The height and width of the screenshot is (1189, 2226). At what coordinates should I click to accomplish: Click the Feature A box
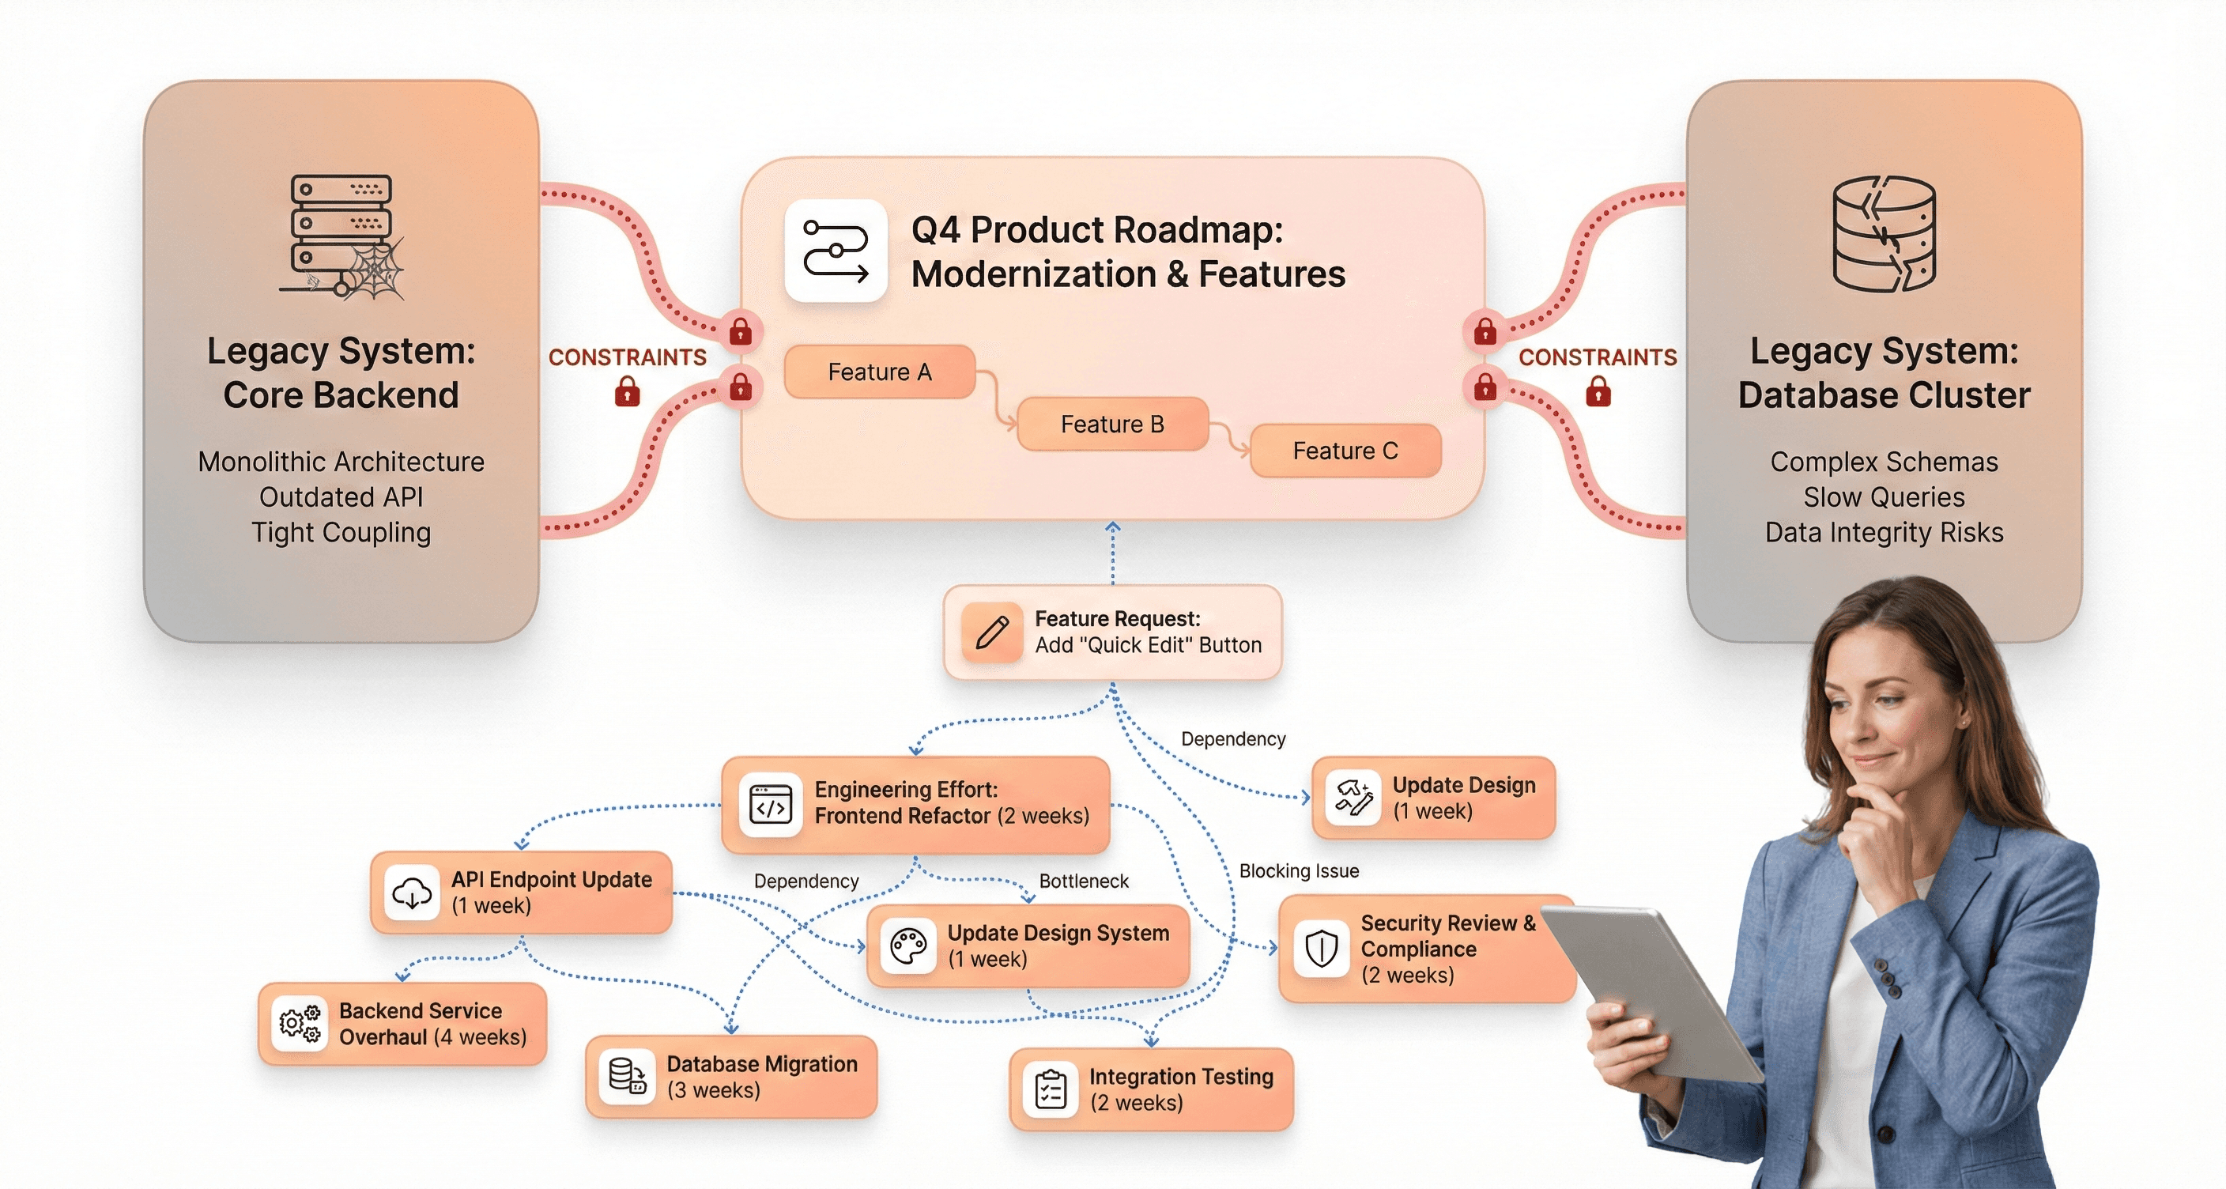pyautogui.click(x=879, y=372)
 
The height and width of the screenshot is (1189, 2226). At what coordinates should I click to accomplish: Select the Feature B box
pyautogui.click(x=1112, y=425)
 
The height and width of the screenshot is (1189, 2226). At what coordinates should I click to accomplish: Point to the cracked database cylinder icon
pyautogui.click(x=1884, y=233)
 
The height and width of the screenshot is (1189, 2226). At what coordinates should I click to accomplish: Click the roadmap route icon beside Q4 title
pyautogui.click(x=836, y=251)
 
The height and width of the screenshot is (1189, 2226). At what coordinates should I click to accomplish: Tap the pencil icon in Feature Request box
pyautogui.click(x=992, y=632)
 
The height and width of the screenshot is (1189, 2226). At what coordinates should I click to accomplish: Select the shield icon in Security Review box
pyautogui.click(x=1321, y=949)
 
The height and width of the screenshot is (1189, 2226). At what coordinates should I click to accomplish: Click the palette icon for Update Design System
pyautogui.click(x=908, y=946)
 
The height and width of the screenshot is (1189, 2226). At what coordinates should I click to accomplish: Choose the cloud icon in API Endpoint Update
pyautogui.click(x=412, y=893)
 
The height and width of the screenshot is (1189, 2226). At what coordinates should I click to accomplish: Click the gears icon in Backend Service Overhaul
pyautogui.click(x=300, y=1024)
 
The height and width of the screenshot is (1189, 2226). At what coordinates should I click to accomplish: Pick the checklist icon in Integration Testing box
pyautogui.click(x=1050, y=1089)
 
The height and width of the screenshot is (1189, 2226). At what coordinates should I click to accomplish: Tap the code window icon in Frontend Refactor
pyautogui.click(x=771, y=804)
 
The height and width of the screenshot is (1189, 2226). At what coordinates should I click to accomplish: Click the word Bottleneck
pyautogui.click(x=1084, y=881)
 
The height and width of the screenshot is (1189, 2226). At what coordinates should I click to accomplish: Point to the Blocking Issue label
pyautogui.click(x=1299, y=871)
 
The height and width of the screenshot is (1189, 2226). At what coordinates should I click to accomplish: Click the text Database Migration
pyautogui.click(x=761, y=1064)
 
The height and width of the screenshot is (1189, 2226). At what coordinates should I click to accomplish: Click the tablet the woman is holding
pyautogui.click(x=1651, y=985)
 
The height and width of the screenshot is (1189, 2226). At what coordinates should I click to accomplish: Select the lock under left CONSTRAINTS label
pyautogui.click(x=628, y=393)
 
